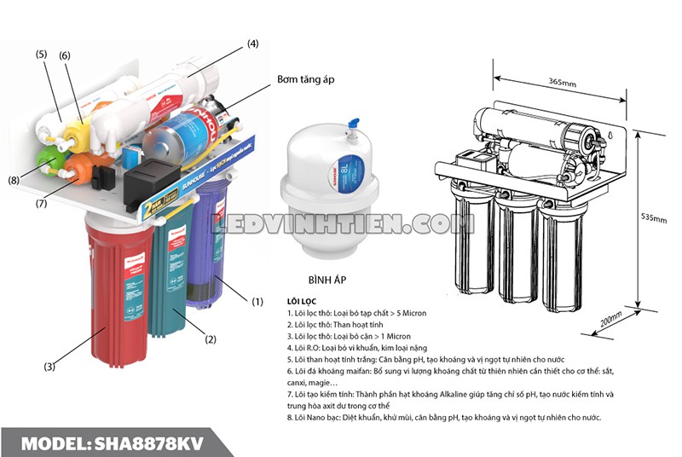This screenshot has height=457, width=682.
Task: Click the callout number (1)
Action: click(257, 300)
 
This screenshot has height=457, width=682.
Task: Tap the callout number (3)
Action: click(50, 367)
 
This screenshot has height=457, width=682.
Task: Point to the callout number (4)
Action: click(252, 43)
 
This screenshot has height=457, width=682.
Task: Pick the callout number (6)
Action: click(64, 55)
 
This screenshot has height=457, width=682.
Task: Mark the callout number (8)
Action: click(14, 180)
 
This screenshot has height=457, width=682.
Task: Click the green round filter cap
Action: click(49, 159)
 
